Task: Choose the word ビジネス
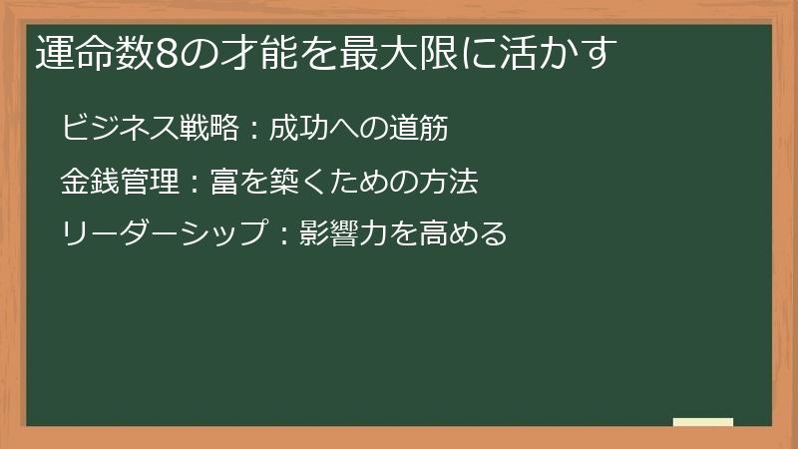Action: pos(121,129)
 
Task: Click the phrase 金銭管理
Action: pos(121,182)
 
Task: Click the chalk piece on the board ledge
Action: pos(703,422)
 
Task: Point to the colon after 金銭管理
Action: pos(194,184)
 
